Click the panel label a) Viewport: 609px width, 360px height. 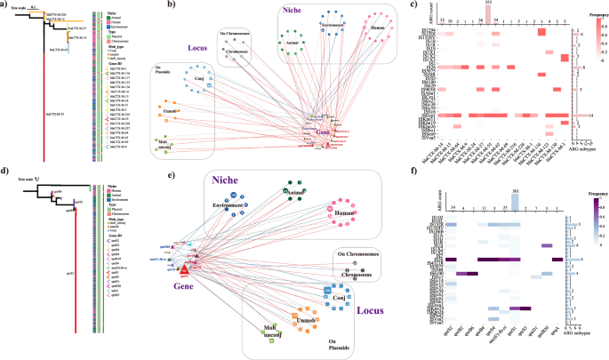coord(6,6)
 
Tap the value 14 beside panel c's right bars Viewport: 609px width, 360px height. coord(592,116)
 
